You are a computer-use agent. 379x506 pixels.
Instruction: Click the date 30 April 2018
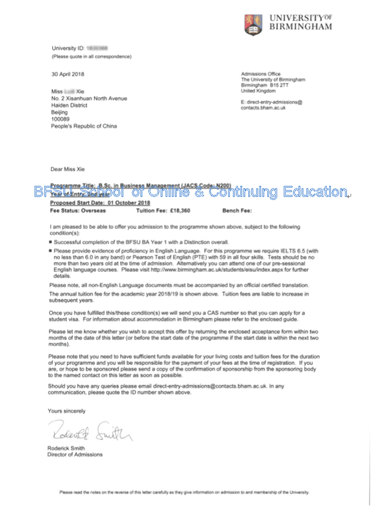click(68, 74)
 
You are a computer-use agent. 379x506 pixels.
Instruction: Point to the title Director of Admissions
click(75, 454)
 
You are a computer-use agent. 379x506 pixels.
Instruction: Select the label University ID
click(68, 48)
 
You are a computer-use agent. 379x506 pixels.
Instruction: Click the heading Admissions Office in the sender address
click(260, 74)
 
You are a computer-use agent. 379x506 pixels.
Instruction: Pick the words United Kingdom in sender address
click(258, 91)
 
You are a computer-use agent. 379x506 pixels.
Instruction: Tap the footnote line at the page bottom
click(189, 492)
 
